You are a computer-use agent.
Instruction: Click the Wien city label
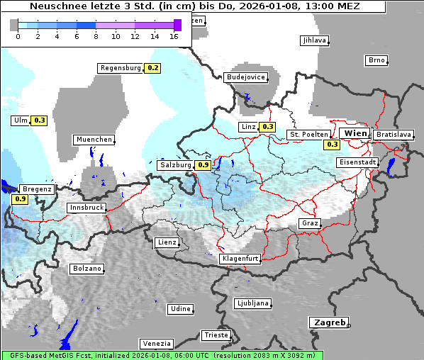coord(355,133)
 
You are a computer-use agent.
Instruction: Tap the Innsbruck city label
coord(86,208)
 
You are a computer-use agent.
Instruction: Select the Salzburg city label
coord(175,165)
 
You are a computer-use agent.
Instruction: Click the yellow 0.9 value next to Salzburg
coord(203,165)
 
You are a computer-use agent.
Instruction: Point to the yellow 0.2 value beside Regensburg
coord(152,68)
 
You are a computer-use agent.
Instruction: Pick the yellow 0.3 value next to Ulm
coord(39,120)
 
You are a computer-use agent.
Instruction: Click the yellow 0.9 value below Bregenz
coord(21,199)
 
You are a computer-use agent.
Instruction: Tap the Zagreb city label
coord(328,322)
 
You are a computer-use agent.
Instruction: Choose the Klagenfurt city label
coord(240,259)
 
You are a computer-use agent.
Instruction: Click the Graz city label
coord(309,223)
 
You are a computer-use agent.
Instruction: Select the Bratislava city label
coord(393,134)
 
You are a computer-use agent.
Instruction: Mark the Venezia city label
coord(155,343)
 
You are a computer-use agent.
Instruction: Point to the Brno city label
coord(376,60)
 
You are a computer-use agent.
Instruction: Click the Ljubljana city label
coord(253,303)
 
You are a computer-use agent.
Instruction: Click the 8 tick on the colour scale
coord(96,36)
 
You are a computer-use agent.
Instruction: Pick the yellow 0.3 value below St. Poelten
coord(332,145)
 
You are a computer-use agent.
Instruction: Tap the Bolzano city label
coord(87,269)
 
